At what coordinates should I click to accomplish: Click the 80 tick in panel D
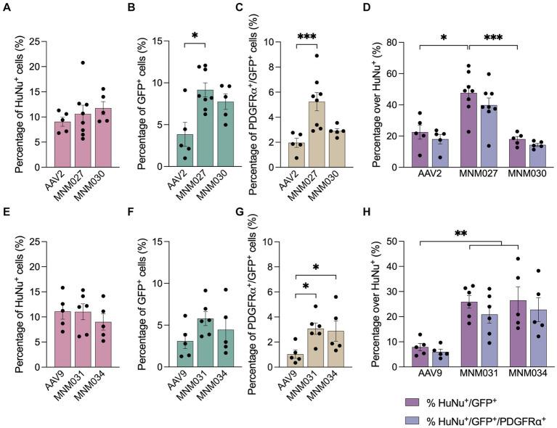[x=399, y=42]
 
